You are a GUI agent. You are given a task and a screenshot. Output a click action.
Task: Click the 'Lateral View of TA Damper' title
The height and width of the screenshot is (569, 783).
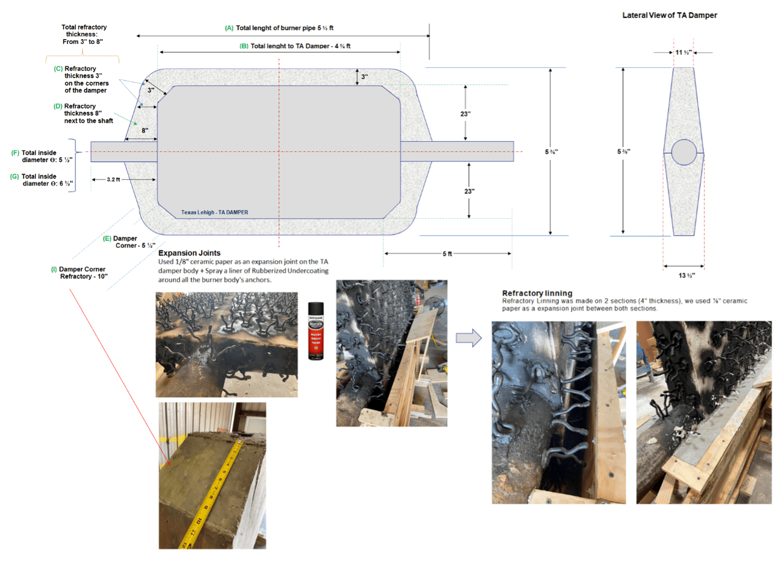click(669, 16)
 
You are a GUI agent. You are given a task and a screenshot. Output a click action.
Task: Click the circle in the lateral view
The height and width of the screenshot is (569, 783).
click(683, 152)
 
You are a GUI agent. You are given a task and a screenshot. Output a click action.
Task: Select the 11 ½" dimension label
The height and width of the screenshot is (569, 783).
click(683, 52)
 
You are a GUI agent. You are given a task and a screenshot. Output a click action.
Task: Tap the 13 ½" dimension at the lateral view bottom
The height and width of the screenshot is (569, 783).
click(687, 275)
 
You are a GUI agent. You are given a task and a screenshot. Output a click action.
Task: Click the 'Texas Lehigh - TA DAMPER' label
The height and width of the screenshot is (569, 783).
click(214, 213)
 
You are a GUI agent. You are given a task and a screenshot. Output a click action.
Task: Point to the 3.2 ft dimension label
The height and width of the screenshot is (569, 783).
click(113, 180)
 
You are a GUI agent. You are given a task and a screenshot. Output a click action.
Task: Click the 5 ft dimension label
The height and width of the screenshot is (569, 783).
click(447, 254)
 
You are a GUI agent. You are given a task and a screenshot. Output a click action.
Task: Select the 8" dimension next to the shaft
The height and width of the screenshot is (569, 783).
click(145, 131)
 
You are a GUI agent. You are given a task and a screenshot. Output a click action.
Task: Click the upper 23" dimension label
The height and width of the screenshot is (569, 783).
click(465, 114)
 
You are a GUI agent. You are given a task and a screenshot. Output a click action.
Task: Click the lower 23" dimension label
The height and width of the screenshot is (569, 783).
click(469, 191)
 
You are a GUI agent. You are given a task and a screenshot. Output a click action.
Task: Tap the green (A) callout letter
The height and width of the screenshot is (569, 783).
click(229, 28)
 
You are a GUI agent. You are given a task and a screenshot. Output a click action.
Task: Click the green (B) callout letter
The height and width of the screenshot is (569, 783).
click(244, 46)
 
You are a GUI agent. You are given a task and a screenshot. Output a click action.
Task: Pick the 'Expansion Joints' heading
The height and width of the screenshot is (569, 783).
click(189, 253)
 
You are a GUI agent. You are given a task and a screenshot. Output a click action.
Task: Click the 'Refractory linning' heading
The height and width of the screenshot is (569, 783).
click(537, 293)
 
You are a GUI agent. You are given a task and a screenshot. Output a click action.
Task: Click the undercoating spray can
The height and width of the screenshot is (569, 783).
click(316, 331)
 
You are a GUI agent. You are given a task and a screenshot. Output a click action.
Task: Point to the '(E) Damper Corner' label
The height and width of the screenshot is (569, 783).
click(128, 242)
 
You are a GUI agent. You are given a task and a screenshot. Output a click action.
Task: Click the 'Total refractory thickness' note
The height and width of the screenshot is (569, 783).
click(83, 34)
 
